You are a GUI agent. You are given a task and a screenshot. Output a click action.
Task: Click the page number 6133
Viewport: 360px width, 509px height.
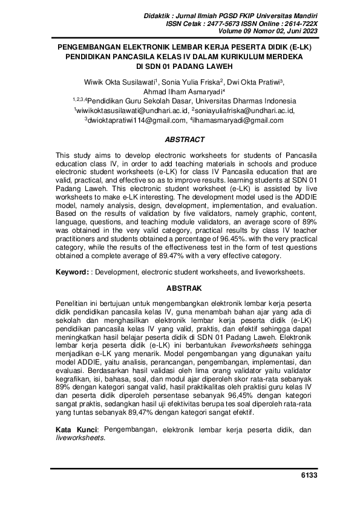tap(309, 476)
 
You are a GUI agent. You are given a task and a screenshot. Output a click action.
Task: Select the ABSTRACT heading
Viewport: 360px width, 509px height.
tap(180, 140)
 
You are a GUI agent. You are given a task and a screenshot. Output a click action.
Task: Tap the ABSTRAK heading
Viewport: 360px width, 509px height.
tap(180, 288)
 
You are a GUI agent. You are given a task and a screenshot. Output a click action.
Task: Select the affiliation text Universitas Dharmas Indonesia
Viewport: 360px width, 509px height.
tap(242, 101)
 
